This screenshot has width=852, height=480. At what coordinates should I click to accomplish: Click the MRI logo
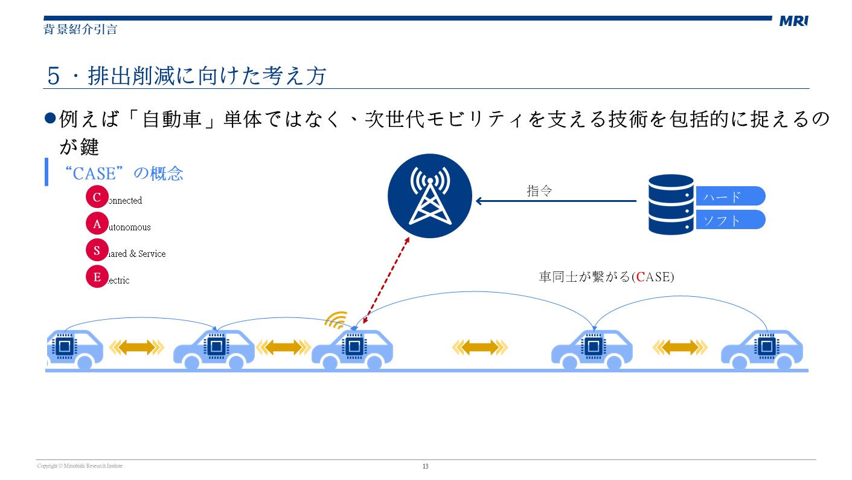click(x=793, y=21)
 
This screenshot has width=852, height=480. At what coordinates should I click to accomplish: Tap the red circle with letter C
click(x=97, y=197)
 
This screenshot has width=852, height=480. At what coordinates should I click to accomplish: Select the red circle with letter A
click(x=97, y=224)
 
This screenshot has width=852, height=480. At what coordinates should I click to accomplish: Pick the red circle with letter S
click(x=97, y=250)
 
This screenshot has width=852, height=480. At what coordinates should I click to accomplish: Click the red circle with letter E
click(x=97, y=277)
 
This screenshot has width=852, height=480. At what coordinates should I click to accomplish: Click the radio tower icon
click(x=429, y=195)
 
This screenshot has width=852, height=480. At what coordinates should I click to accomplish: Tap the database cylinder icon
click(x=671, y=204)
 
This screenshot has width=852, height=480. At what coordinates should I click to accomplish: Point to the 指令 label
click(x=539, y=191)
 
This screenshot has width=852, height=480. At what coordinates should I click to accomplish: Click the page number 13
click(x=425, y=466)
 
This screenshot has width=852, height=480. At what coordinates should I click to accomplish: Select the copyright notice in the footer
click(x=80, y=466)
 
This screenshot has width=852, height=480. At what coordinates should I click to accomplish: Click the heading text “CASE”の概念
click(x=123, y=174)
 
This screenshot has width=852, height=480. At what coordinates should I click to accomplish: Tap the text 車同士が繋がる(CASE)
click(x=606, y=277)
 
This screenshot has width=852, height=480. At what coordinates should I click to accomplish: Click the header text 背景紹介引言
click(x=80, y=29)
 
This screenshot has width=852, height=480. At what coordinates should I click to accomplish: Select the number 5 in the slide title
click(x=54, y=76)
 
